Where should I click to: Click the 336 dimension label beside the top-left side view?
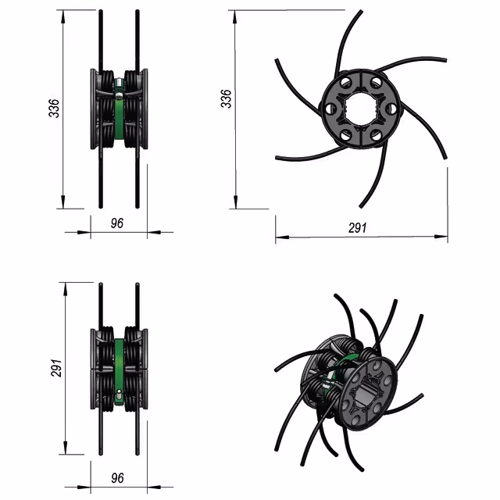tap(54, 109)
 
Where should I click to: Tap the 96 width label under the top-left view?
tap(117, 223)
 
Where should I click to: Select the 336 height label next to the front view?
tap(226, 99)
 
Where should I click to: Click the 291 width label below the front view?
tap(358, 228)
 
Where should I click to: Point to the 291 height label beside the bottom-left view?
tap(56, 368)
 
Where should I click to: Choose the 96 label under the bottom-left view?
tap(117, 478)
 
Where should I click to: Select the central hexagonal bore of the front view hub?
tap(361, 109)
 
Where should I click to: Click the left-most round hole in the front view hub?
tap(330, 109)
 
